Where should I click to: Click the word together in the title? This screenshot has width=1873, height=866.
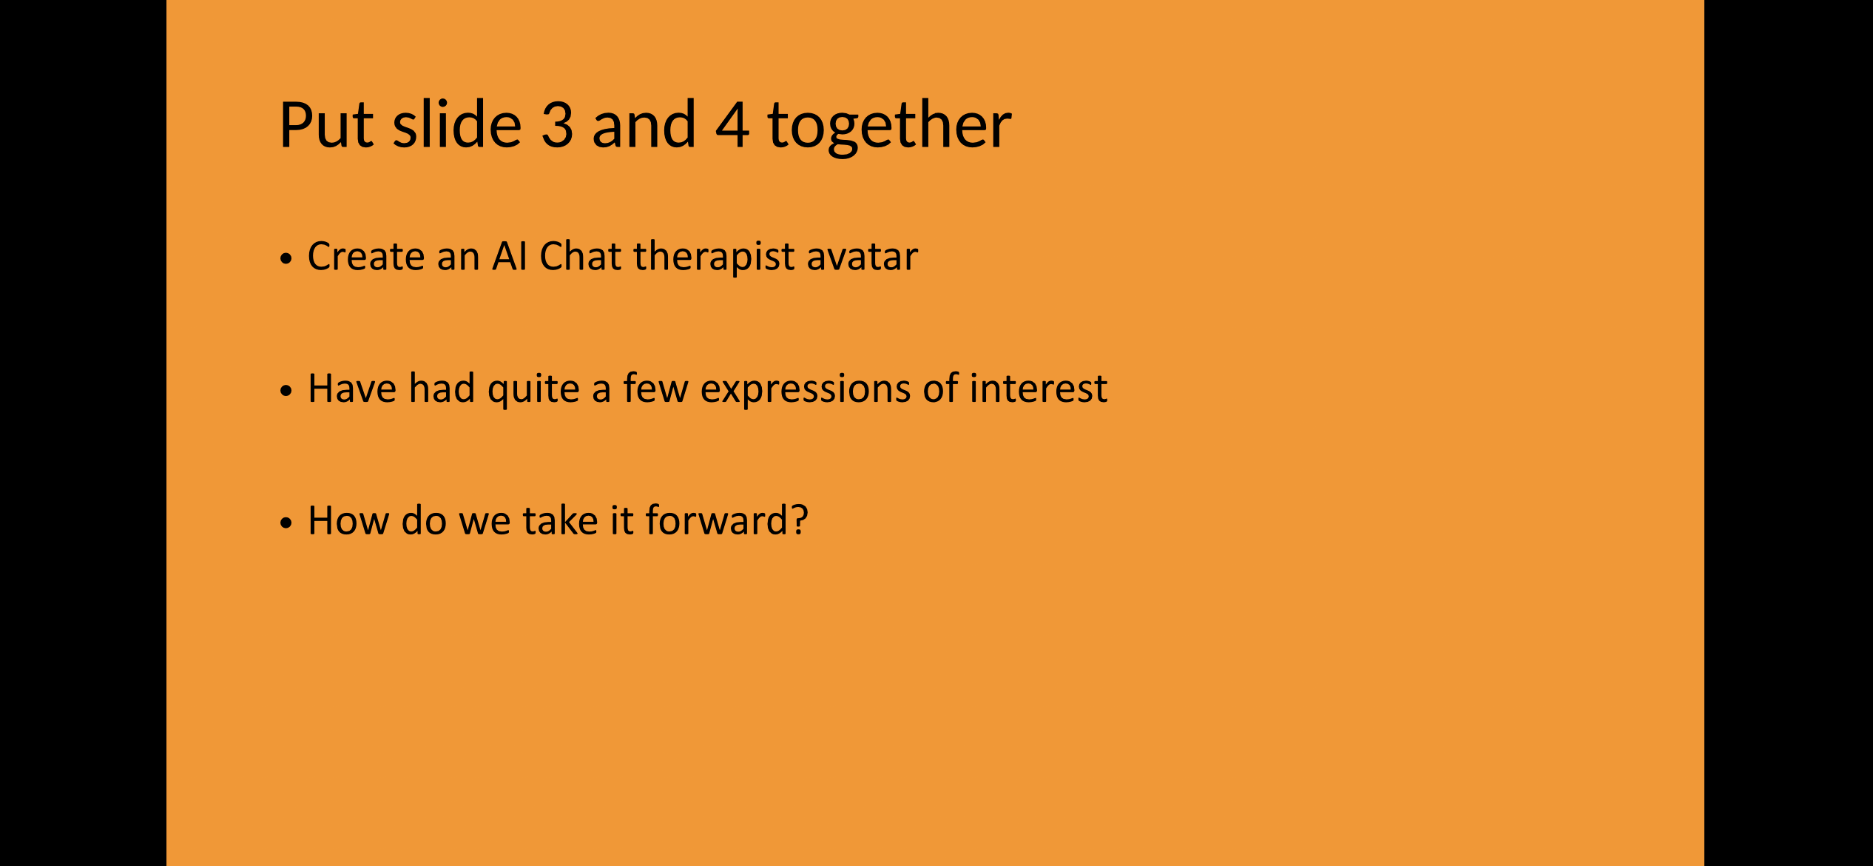coord(889,127)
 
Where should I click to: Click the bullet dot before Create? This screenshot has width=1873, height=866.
coord(286,259)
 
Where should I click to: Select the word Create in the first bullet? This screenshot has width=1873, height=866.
coord(366,256)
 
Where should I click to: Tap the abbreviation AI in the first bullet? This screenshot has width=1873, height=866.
coord(510,256)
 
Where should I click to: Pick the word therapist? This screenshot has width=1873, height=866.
coord(714,258)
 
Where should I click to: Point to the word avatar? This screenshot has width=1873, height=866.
coord(863,257)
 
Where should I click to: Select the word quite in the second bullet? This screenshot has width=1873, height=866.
coord(533,390)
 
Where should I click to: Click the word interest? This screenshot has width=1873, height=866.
coord(1039,389)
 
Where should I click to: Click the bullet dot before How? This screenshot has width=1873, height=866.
coord(286,523)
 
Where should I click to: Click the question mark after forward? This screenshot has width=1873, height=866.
coord(799,520)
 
